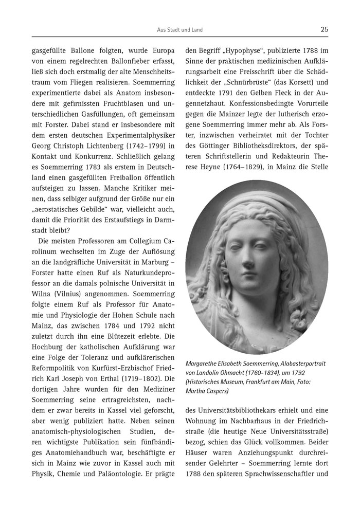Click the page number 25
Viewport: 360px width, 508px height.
tap(324, 30)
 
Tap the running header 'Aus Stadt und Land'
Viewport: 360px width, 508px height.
tap(179, 30)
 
